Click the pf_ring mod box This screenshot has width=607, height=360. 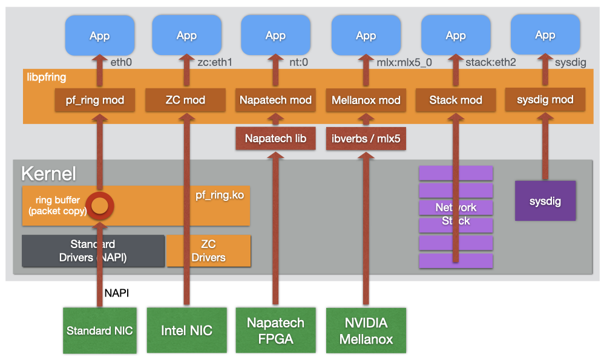point(95,100)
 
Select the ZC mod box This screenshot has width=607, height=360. point(185,100)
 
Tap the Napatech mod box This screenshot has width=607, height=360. point(275,100)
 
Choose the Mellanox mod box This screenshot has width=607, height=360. point(366,100)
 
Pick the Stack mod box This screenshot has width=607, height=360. point(456,100)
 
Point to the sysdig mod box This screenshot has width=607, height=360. point(545,99)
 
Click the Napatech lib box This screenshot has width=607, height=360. point(275,138)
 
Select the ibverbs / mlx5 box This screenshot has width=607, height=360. point(366,138)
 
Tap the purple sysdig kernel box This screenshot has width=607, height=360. point(545,201)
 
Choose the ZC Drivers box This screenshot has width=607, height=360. point(209,251)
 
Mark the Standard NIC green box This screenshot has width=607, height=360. point(99,330)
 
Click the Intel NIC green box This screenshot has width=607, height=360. point(186,330)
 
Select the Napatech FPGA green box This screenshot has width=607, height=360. point(275,330)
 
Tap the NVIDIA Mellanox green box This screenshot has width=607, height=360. point(366,330)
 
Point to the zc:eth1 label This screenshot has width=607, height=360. point(215,62)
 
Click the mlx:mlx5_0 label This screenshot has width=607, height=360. point(404,62)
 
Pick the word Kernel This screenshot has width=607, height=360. point(48,174)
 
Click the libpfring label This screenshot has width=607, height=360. point(47,77)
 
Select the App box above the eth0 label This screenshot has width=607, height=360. point(99,35)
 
